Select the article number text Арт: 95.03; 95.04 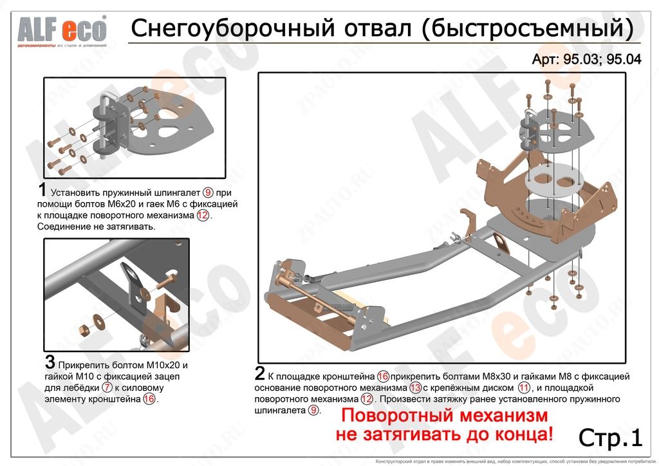(x=586, y=59)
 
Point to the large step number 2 (x=260, y=374)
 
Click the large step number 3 (x=50, y=362)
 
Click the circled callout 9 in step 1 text (x=207, y=192)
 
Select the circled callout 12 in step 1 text (x=203, y=216)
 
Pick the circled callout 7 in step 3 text (x=107, y=388)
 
